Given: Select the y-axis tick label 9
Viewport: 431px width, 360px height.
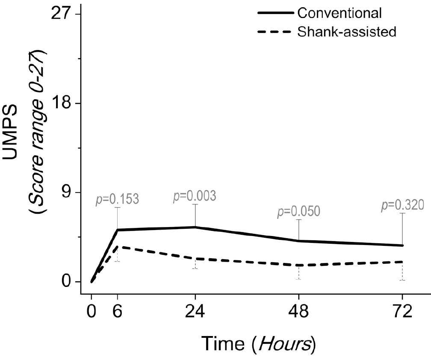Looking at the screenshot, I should point(65,193).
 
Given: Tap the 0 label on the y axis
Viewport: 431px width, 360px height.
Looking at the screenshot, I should point(65,282).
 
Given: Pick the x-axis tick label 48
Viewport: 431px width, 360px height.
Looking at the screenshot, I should point(298,311).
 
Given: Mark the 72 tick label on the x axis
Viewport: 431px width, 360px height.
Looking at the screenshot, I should point(402,311).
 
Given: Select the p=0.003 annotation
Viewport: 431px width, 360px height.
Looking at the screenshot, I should point(195,196).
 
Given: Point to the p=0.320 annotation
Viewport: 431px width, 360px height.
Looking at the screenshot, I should point(402,205).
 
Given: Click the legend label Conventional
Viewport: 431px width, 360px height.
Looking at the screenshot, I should point(339,13).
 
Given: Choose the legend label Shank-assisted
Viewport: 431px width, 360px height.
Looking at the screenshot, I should point(347,32).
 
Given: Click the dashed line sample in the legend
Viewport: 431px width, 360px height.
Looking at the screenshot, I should point(276,32).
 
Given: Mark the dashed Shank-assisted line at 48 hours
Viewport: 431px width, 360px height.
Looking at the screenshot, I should point(298,265).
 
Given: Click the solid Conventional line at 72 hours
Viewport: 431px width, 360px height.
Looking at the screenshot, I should point(402,245).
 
